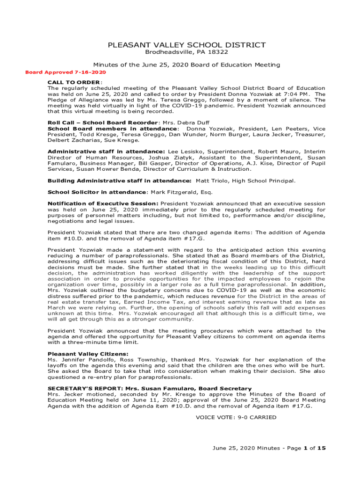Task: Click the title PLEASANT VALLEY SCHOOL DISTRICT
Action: pyautogui.click(x=187, y=45)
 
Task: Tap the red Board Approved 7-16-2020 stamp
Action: pyautogui.click(x=65, y=72)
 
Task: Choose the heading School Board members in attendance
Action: pyautogui.click(x=112, y=129)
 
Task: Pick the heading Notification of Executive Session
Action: pyautogui.click(x=103, y=203)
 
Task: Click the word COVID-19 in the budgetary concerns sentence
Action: pyautogui.click(x=231, y=290)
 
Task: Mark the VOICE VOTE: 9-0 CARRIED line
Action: pyautogui.click(x=236, y=417)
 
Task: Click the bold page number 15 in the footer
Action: pyautogui.click(x=321, y=448)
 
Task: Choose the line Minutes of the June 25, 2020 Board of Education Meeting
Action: pyautogui.click(x=187, y=65)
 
